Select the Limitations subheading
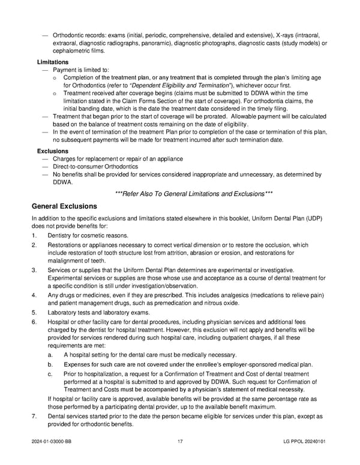pyautogui.click(x=53, y=62)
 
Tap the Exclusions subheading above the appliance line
pyautogui.click(x=53, y=150)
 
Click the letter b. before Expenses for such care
pyautogui.click(x=50, y=364)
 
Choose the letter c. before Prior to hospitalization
pyautogui.click(x=50, y=374)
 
